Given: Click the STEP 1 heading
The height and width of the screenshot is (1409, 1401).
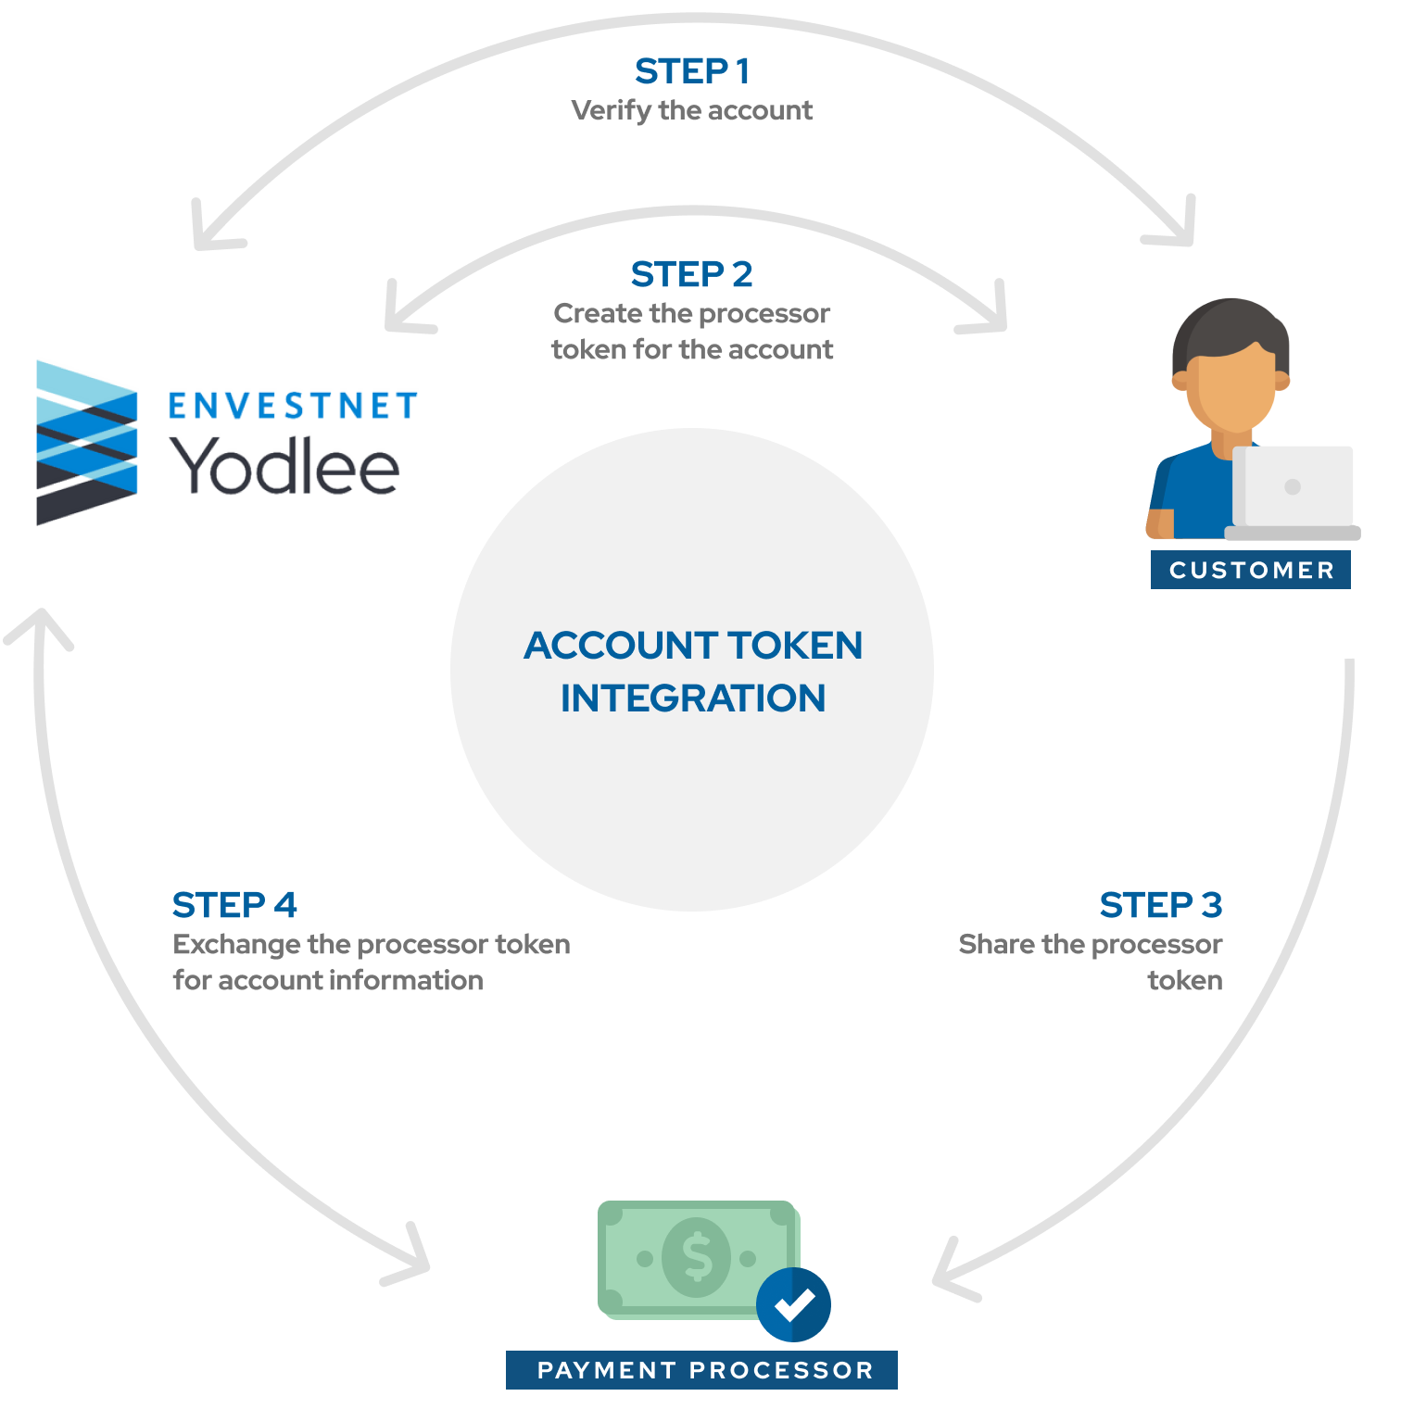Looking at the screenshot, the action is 692,71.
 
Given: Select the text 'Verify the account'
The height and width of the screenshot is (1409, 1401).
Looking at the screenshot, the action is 692,110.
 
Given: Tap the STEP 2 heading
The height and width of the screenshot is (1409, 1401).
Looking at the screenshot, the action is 692,274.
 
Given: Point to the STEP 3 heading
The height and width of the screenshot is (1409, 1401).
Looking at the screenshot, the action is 1161,905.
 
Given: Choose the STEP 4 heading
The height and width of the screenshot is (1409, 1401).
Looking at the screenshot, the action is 234,905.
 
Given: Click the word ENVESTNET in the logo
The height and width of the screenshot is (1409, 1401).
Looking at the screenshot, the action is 293,406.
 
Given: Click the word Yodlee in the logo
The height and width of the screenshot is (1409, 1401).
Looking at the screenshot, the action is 284,465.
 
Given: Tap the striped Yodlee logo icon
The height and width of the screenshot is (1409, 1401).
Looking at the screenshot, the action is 87,443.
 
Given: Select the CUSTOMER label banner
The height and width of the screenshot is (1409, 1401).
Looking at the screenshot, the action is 1251,570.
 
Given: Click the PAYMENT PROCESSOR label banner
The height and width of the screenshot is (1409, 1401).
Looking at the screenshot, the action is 701,1370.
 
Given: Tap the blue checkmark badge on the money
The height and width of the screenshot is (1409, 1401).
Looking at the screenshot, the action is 793,1304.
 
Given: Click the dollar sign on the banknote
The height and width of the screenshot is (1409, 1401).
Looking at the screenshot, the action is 697,1258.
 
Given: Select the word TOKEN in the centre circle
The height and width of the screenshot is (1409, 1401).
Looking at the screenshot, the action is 795,646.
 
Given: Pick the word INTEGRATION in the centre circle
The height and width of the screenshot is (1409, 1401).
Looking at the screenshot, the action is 693,698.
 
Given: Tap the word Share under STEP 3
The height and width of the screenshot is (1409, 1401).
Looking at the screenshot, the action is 996,944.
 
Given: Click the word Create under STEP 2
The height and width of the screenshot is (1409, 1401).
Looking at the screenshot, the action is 598,313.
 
